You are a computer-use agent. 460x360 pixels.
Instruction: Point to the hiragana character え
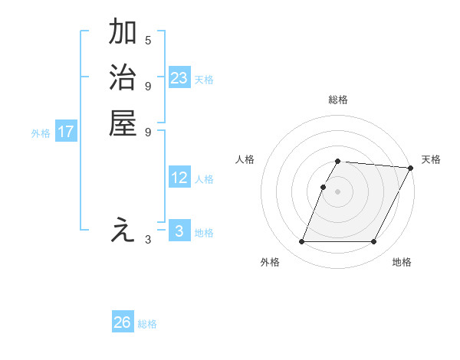[123, 230]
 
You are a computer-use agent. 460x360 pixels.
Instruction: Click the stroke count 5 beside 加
[148, 40]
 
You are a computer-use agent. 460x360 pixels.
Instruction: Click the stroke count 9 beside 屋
[148, 132]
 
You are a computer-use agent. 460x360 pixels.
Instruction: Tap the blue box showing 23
[179, 78]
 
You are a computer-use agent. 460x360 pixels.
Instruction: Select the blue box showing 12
[179, 178]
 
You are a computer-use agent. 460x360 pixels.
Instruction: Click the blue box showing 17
[66, 132]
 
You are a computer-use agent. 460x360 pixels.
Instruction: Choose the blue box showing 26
[122, 322]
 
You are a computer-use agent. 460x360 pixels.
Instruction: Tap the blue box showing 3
[179, 231]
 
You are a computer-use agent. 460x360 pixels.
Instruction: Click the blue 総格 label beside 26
[147, 324]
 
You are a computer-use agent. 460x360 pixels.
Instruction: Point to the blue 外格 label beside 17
[41, 133]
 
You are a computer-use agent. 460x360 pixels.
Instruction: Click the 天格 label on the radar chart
[431, 159]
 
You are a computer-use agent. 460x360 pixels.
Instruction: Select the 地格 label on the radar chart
[402, 263]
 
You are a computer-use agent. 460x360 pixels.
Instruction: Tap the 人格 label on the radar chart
[245, 159]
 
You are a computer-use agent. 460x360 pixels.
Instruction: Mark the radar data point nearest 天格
[411, 168]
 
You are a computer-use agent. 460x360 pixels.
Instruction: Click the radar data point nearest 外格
[301, 242]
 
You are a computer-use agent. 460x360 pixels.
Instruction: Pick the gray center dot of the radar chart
[338, 191]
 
